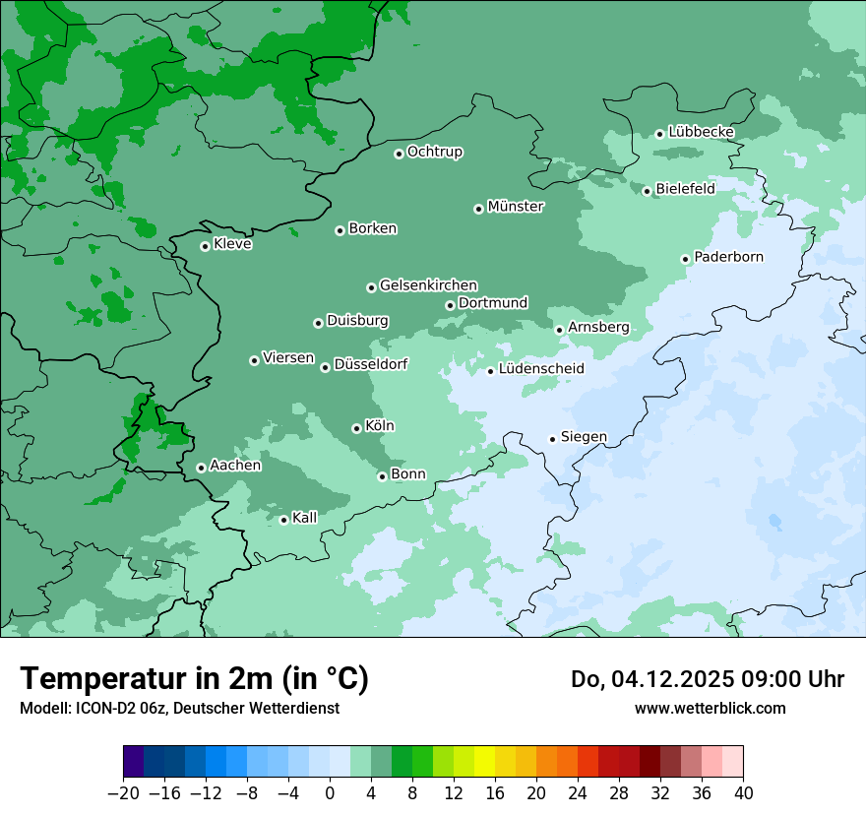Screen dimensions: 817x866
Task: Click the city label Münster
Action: (516, 207)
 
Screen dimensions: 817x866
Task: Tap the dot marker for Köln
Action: (356, 428)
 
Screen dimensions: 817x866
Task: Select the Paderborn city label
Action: (728, 257)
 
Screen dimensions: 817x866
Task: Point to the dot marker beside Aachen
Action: (201, 468)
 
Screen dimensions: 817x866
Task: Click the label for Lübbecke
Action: (701, 132)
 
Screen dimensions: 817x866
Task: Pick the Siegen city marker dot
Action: (552, 439)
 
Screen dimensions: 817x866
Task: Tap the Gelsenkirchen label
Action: (428, 285)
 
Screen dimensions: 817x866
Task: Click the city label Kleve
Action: (232, 244)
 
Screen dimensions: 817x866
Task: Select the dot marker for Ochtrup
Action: (399, 154)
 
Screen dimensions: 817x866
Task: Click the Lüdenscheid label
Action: (541, 369)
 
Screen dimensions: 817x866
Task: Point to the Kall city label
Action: (305, 518)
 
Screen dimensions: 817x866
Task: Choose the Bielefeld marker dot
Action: (647, 191)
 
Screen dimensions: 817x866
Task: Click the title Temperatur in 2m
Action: (194, 678)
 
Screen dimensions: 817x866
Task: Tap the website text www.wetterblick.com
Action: (710, 708)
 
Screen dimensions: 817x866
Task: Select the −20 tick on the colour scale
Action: (124, 792)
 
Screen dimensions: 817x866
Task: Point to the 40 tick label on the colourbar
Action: (743, 792)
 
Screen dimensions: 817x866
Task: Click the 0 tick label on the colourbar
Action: (330, 792)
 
